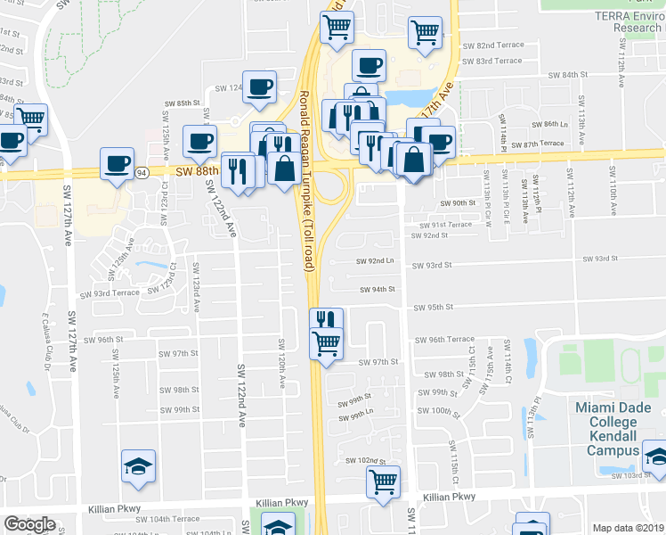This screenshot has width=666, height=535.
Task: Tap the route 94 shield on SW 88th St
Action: (142, 172)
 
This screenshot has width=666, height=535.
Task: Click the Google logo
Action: (29, 524)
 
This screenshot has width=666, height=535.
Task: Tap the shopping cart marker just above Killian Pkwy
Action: (383, 482)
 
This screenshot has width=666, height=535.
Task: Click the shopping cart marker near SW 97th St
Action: (327, 342)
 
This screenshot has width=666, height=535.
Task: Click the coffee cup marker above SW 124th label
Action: (260, 86)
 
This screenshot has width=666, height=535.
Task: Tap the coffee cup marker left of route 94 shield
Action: (116, 162)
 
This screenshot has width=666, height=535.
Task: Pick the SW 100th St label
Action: (436, 411)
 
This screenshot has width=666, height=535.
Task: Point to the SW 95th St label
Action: (434, 307)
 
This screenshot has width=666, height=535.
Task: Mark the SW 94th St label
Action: (377, 289)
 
